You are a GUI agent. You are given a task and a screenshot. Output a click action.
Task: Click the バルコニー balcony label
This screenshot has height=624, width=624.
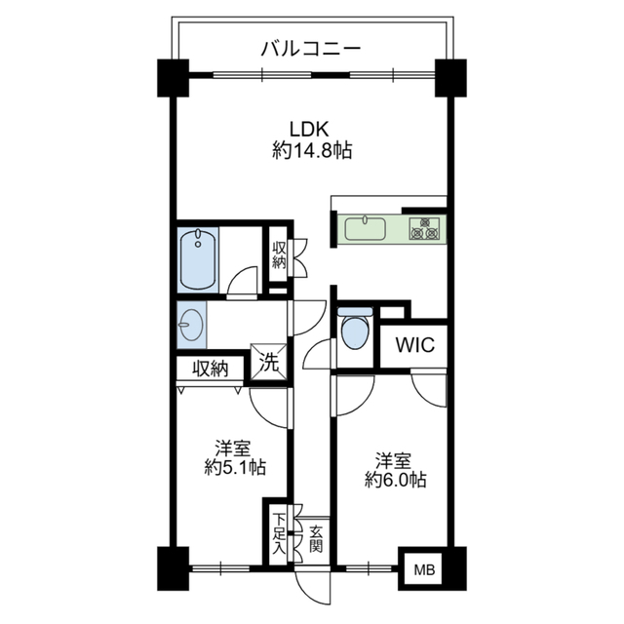click(x=311, y=46)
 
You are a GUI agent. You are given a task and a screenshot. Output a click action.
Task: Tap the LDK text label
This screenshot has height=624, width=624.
click(x=311, y=129)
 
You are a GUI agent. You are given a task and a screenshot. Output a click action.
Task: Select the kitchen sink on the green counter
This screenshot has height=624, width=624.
click(x=366, y=229)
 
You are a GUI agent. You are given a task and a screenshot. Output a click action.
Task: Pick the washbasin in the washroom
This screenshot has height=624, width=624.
click(x=192, y=323)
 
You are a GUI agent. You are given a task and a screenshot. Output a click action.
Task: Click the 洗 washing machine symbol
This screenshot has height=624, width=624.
click(x=269, y=360)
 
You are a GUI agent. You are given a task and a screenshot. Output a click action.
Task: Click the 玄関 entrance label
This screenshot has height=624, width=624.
click(x=316, y=538)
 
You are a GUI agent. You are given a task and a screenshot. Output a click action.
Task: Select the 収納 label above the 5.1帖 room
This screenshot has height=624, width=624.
click(x=209, y=369)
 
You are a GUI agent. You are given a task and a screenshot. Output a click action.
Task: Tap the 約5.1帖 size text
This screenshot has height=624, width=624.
click(x=234, y=467)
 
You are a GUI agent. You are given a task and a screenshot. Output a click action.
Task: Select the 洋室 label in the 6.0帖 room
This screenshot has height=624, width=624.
click(x=396, y=458)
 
